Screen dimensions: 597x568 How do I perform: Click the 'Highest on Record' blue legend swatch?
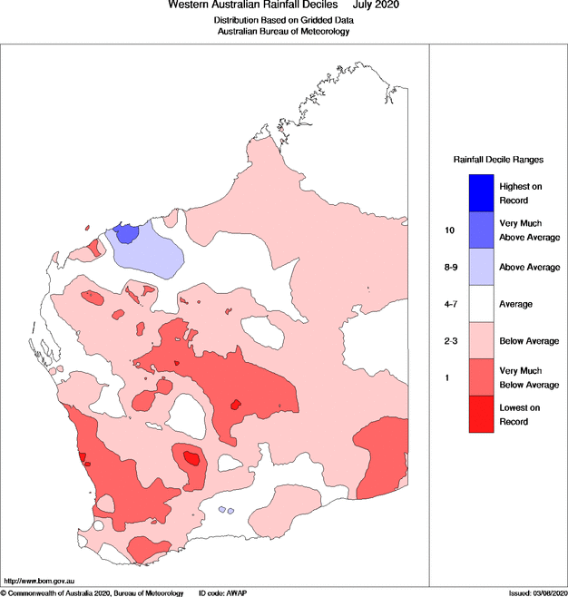pos(481,192)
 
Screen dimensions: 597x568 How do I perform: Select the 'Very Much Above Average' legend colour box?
pos(481,230)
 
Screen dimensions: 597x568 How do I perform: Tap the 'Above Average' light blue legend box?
pos(481,268)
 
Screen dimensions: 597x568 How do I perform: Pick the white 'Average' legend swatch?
pos(481,304)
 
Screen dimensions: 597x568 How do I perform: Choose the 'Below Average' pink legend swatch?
pos(481,340)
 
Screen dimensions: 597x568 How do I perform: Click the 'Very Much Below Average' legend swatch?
pos(481,377)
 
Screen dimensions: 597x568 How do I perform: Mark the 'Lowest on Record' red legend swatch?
pos(481,415)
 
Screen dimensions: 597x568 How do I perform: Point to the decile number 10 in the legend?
pos(449,230)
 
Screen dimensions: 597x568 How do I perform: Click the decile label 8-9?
pos(450,268)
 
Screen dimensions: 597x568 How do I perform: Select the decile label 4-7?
pos(450,304)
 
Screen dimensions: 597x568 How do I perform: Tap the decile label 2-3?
pos(450,340)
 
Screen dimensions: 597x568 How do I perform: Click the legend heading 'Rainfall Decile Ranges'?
pos(498,159)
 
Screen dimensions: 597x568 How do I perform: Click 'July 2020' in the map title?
pos(376,5)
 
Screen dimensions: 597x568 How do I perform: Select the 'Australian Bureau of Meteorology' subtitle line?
pos(283,31)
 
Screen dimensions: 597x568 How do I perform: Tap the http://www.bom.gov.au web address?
pos(40,580)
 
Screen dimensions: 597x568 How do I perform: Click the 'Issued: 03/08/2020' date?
pos(533,592)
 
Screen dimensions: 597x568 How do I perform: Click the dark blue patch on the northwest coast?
pos(128,233)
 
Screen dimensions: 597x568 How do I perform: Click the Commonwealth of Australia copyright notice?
pos(92,592)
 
